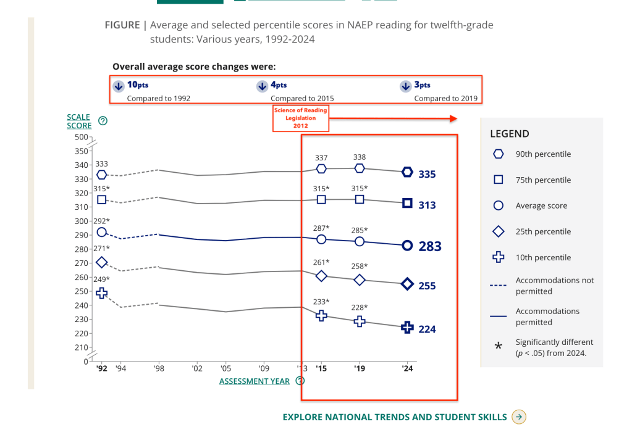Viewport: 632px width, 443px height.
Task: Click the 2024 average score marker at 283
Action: [407, 246]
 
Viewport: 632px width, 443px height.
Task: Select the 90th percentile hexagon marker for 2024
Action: [407, 172]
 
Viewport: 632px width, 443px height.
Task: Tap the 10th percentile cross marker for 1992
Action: [101, 293]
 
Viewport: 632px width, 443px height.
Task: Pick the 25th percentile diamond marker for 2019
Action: [360, 279]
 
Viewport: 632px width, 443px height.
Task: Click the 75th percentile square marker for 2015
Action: [321, 199]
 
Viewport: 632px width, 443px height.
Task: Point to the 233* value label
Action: [321, 302]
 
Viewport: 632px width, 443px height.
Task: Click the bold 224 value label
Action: [427, 329]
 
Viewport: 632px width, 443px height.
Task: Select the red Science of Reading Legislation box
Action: [301, 118]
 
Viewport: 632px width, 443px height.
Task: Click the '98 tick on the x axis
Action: [159, 368]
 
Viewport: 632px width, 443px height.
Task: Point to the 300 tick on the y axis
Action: [82, 221]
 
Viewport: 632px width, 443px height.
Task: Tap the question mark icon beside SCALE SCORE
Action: [103, 121]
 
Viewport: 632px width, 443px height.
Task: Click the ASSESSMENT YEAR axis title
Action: [255, 381]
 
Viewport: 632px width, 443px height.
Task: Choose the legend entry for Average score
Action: [541, 206]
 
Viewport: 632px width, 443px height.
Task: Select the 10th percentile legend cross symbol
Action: [499, 258]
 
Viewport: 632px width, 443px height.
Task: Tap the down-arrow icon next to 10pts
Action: [118, 86]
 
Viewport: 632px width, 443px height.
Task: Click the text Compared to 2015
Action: [302, 99]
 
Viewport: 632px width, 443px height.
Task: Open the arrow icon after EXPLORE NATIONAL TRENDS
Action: [519, 417]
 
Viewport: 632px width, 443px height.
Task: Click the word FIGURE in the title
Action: [122, 25]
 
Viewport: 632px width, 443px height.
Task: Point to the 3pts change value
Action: [422, 85]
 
